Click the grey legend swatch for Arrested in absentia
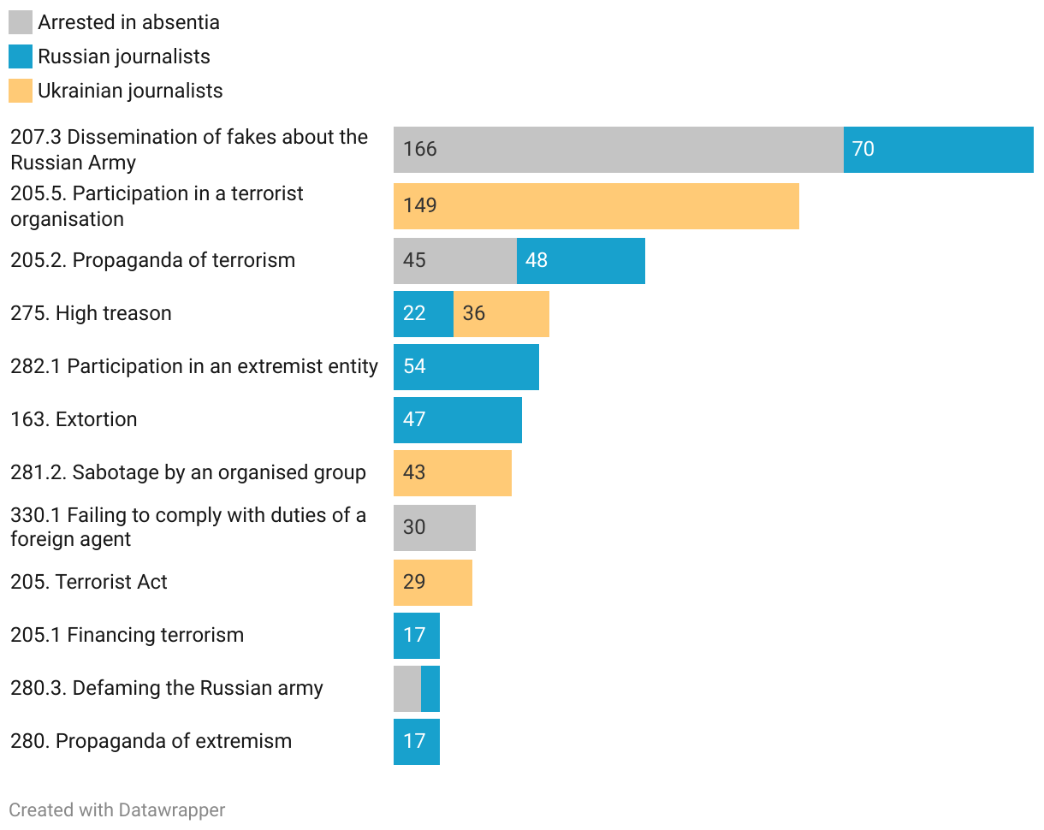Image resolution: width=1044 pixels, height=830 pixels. [x=21, y=22]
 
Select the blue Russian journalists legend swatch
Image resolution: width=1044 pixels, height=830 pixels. [x=21, y=56]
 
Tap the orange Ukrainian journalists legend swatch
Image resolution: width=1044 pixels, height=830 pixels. [x=21, y=91]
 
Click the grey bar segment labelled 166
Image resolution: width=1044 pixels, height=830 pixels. [x=618, y=150]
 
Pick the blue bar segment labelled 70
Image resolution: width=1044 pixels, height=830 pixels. [x=938, y=150]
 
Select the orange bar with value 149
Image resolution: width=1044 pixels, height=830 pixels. [x=596, y=206]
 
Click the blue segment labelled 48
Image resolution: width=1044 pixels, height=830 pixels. [x=580, y=261]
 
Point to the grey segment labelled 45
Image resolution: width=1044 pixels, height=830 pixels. [x=454, y=261]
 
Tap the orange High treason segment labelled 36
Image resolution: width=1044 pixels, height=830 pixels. [x=501, y=314]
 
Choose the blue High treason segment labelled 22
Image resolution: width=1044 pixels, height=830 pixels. [x=423, y=314]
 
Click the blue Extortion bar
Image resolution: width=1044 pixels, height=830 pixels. [x=457, y=420]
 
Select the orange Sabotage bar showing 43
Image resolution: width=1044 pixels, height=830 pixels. [x=452, y=473]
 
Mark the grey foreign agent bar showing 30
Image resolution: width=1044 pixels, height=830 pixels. [x=434, y=528]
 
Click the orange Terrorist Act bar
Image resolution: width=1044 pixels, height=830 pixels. [x=432, y=583]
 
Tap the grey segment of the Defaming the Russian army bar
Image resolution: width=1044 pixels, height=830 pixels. [x=406, y=689]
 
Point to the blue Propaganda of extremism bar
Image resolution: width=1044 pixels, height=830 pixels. [x=416, y=742]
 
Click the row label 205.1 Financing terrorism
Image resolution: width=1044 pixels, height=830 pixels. [x=127, y=635]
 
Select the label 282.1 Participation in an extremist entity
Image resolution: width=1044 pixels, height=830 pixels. [x=193, y=366]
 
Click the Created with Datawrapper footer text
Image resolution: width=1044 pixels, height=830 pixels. [x=116, y=809]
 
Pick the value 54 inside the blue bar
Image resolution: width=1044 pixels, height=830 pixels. [x=414, y=367]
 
